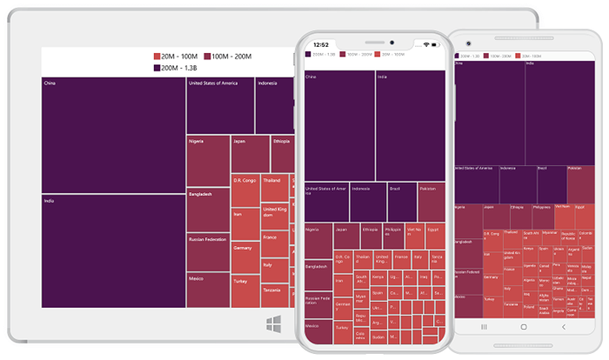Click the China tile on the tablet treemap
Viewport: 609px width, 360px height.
pyautogui.click(x=113, y=135)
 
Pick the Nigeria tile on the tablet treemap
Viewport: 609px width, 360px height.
pyautogui.click(x=208, y=161)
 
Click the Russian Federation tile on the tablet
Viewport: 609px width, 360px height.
pyautogui.click(x=208, y=252)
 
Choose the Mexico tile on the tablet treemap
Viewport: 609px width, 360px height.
pyautogui.click(x=208, y=290)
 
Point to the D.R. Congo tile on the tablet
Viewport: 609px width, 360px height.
pyautogui.click(x=245, y=190)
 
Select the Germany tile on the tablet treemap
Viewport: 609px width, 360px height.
pyautogui.click(x=245, y=257)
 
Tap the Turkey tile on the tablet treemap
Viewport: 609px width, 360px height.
pyautogui.click(x=245, y=290)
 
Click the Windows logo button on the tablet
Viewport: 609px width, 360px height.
pyautogui.click(x=273, y=323)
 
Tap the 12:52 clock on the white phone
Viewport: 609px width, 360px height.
pyautogui.click(x=321, y=44)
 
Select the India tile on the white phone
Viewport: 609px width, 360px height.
pyautogui.click(x=410, y=125)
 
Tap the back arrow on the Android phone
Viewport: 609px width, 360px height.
pyautogui.click(x=563, y=326)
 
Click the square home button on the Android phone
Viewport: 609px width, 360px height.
pyautogui.click(x=524, y=326)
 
